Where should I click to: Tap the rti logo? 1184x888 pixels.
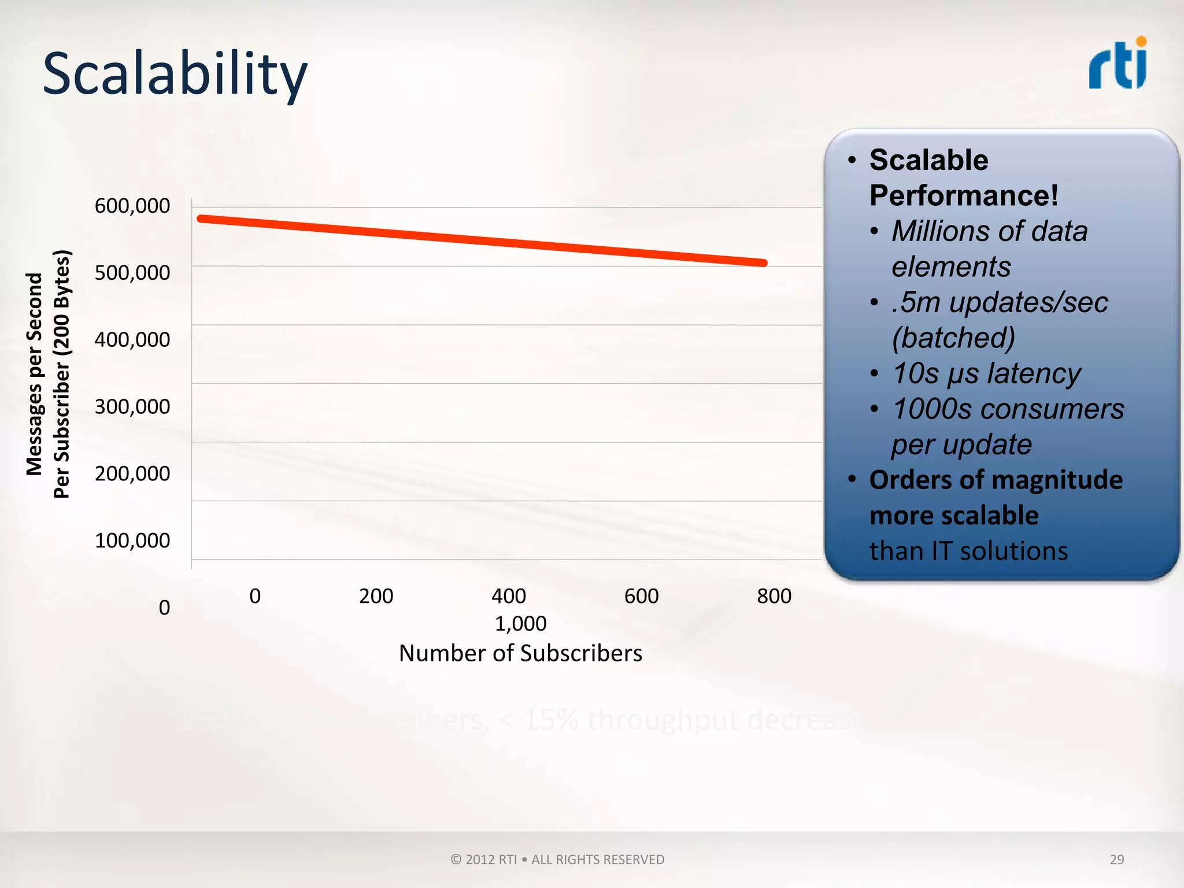click(x=1118, y=65)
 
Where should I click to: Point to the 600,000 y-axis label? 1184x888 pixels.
click(x=132, y=206)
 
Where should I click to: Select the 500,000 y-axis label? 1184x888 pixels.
click(x=132, y=273)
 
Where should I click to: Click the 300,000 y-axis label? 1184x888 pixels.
click(x=132, y=407)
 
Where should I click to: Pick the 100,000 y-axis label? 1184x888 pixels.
click(x=132, y=541)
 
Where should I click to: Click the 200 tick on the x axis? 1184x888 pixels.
click(x=376, y=596)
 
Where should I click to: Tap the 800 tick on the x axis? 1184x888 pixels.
click(x=774, y=596)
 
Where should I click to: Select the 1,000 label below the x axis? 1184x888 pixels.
click(x=520, y=624)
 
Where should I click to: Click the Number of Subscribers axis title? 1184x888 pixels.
click(x=520, y=653)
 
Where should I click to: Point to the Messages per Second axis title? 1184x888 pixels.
click(x=35, y=374)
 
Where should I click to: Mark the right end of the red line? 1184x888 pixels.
click(x=764, y=263)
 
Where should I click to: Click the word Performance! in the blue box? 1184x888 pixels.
click(x=964, y=195)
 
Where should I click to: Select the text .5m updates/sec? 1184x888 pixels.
click(x=1000, y=302)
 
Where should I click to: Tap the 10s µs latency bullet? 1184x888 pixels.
click(x=986, y=373)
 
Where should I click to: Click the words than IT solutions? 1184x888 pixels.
click(x=968, y=551)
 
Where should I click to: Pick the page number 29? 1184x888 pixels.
click(x=1116, y=859)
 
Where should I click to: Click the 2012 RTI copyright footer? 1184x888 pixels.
click(x=557, y=860)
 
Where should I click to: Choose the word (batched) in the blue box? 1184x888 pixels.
click(x=953, y=338)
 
